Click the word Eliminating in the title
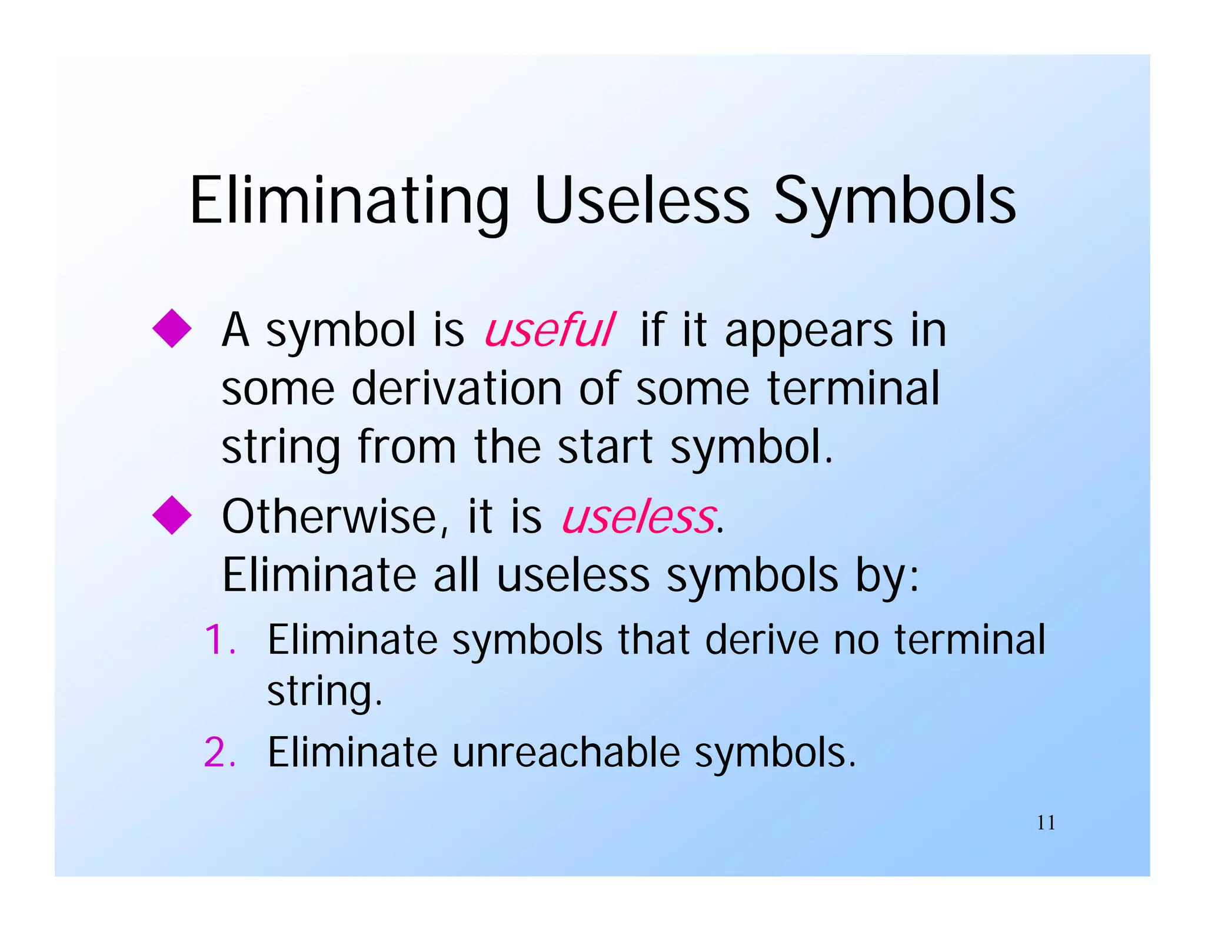[349, 201]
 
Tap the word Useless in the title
[642, 201]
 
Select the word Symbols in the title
[894, 201]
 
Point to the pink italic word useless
[639, 517]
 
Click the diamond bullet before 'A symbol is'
[172, 328]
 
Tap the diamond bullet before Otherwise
[172, 515]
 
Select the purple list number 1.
[219, 640]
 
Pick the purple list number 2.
[219, 752]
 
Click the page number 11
[1046, 823]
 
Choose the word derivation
[457, 388]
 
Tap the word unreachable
[565, 752]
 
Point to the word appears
[809, 331]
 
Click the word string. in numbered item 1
[325, 692]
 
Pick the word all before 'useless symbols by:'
[457, 575]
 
